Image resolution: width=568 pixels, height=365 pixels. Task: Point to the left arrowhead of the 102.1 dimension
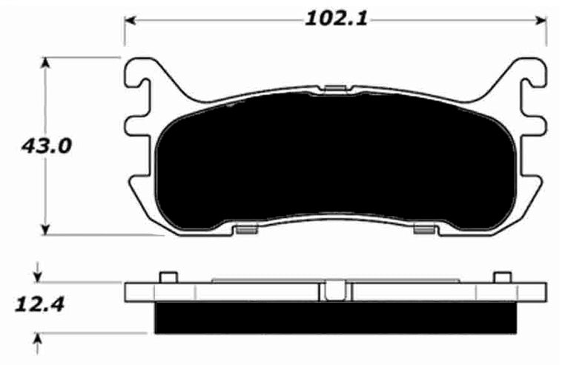tap(131, 19)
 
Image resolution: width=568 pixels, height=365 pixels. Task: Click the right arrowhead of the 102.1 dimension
tap(541, 19)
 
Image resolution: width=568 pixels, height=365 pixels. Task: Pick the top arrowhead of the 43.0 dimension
tap(46, 63)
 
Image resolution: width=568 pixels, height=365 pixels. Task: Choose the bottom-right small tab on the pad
tap(424, 231)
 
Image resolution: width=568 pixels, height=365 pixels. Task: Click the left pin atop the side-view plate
tap(168, 277)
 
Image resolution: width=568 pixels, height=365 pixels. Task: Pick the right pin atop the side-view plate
tap(502, 277)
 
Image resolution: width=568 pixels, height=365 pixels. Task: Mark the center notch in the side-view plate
tap(334, 290)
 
